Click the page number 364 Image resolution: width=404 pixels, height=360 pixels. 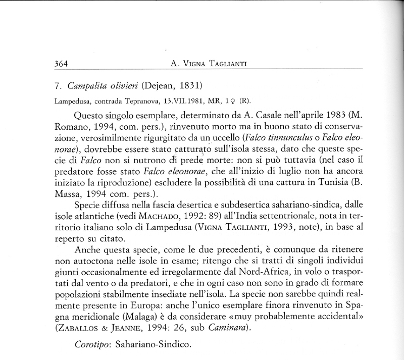tap(60, 64)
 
